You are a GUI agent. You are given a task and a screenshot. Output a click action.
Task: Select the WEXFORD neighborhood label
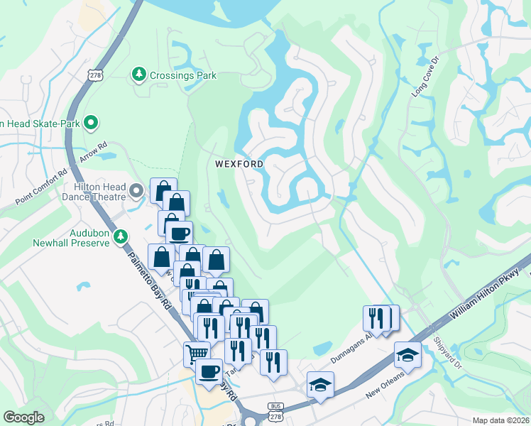point(240,164)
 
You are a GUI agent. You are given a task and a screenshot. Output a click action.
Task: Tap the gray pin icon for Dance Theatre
point(138,191)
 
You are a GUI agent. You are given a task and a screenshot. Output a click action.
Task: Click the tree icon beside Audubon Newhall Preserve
point(121,236)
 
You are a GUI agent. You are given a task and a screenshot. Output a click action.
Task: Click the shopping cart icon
point(197,352)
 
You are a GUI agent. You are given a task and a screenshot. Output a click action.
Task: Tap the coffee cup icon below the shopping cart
point(209,371)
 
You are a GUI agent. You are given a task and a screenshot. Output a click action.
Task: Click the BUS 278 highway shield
point(277,410)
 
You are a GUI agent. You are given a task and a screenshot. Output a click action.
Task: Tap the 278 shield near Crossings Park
point(94,75)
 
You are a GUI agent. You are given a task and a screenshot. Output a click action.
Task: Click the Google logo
point(24,417)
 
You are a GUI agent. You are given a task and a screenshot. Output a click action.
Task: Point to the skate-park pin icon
point(90,124)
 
